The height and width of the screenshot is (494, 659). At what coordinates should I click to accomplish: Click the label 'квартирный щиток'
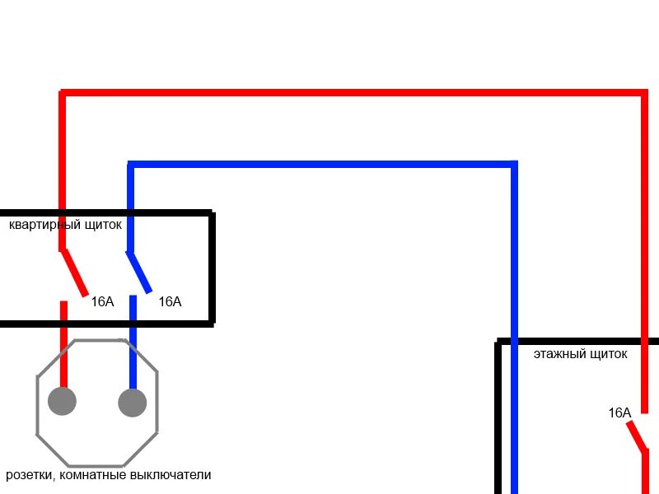(65, 224)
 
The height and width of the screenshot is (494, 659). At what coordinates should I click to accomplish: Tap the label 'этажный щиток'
(580, 354)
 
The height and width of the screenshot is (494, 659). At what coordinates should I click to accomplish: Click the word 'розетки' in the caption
(30, 475)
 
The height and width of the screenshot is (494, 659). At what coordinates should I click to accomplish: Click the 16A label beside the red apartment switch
(102, 302)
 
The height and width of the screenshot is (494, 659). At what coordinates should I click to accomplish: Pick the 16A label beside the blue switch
(169, 302)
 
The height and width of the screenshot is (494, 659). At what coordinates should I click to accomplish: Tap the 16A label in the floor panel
(619, 413)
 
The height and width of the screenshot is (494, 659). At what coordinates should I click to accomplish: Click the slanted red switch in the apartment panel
(74, 273)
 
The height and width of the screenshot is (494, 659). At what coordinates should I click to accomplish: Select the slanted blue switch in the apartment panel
(139, 273)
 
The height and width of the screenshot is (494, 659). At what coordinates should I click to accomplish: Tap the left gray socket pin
(63, 401)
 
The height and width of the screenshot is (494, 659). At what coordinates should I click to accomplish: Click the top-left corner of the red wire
(63, 93)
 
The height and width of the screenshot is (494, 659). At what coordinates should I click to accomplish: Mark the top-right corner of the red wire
(644, 93)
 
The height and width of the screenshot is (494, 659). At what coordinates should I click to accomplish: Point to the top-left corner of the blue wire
(130, 165)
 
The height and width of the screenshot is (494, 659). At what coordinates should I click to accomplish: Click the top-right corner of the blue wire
(514, 165)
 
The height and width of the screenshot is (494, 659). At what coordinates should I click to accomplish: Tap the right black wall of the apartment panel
(212, 268)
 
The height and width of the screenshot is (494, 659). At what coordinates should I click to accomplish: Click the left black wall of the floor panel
(498, 420)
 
